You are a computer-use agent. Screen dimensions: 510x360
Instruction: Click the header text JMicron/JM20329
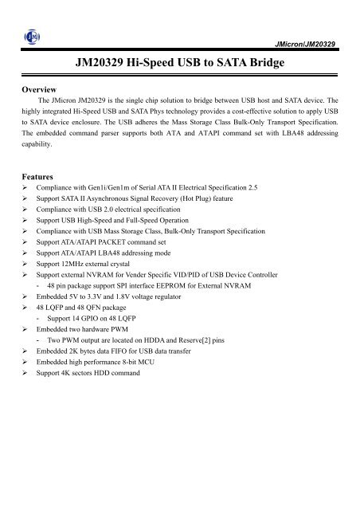tap(310, 40)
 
